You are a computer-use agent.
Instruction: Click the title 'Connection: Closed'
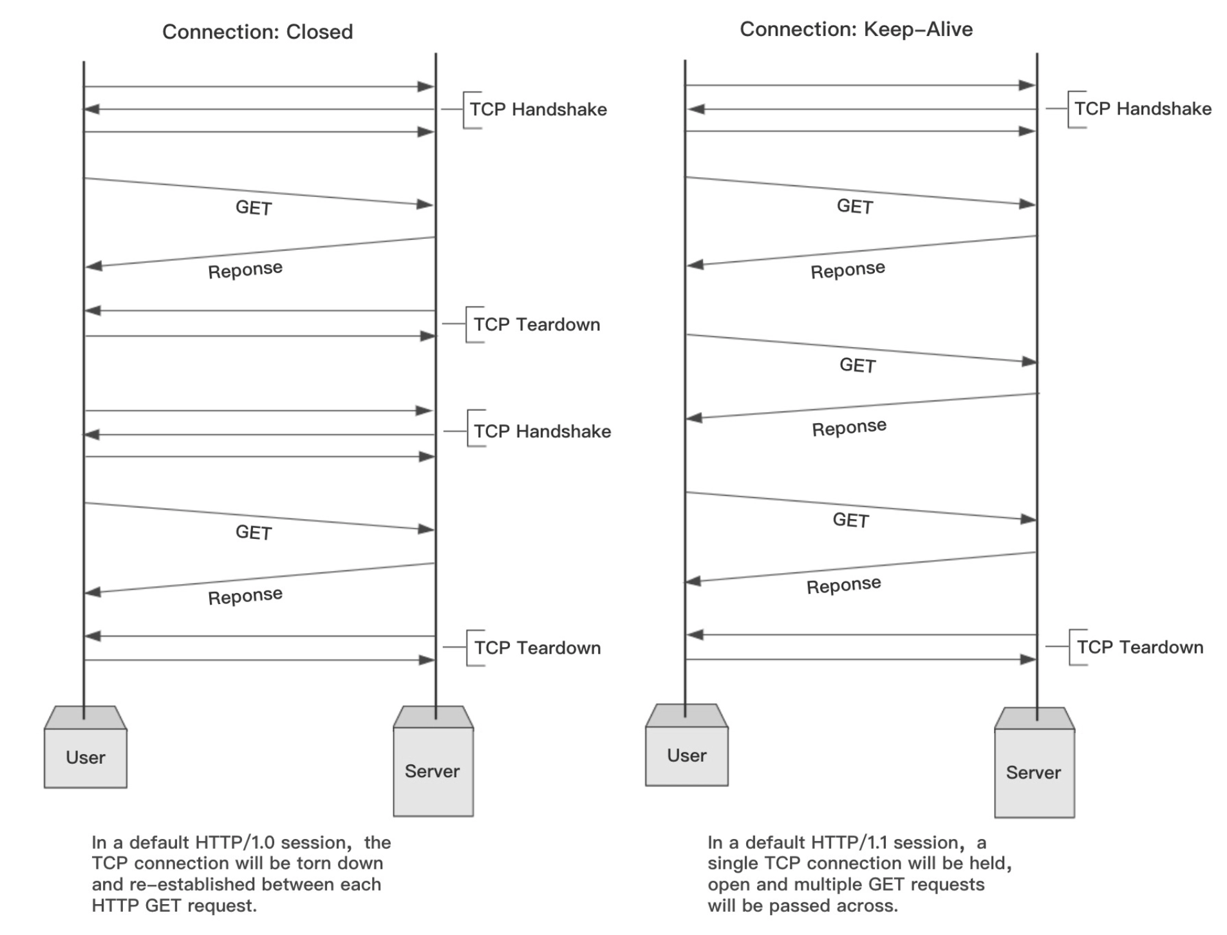pyautogui.click(x=258, y=32)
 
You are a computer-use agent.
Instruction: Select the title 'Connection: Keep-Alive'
pyautogui.click(x=856, y=29)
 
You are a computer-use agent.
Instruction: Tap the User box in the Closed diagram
pyautogui.click(x=86, y=747)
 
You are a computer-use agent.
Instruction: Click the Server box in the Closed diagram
pyautogui.click(x=433, y=761)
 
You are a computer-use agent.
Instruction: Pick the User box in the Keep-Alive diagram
pyautogui.click(x=687, y=745)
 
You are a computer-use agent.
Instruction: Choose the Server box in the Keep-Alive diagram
pyautogui.click(x=1035, y=763)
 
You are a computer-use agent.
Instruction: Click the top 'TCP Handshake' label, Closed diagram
pyautogui.click(x=538, y=109)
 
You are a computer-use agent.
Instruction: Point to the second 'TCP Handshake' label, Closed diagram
pyautogui.click(x=543, y=431)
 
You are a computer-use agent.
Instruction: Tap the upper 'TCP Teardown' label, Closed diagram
pyautogui.click(x=537, y=325)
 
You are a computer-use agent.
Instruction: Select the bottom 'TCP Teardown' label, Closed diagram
pyautogui.click(x=538, y=648)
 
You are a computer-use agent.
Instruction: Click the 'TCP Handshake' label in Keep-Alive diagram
pyautogui.click(x=1143, y=109)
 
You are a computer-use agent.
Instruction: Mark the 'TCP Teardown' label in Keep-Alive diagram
pyautogui.click(x=1140, y=647)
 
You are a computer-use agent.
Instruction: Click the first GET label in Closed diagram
pyautogui.click(x=254, y=207)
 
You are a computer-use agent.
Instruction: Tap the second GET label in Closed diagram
pyautogui.click(x=254, y=533)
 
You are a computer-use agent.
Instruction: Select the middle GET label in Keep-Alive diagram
pyautogui.click(x=857, y=365)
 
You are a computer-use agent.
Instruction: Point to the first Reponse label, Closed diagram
pyautogui.click(x=245, y=270)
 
